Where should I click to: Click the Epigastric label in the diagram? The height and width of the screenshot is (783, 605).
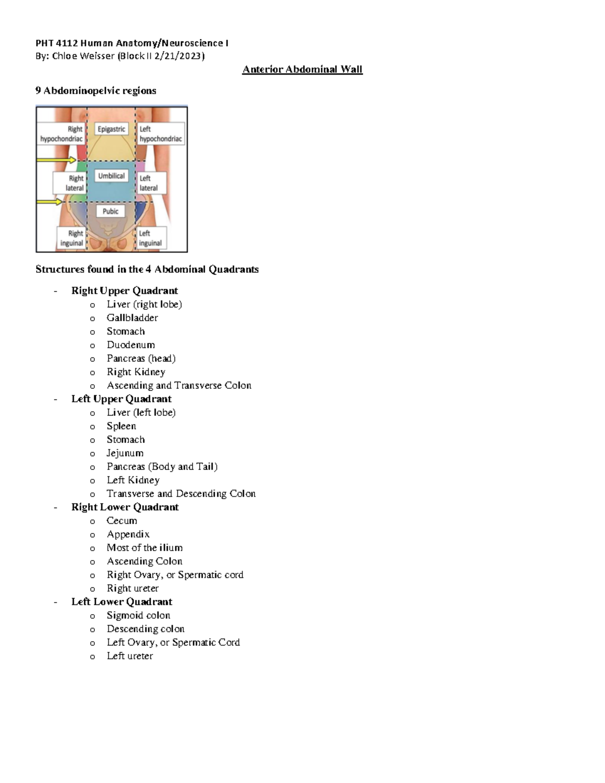111,129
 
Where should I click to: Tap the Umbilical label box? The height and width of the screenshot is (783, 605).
111,176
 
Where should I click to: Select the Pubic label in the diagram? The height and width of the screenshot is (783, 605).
110,211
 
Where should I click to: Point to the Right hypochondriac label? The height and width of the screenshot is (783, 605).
62,134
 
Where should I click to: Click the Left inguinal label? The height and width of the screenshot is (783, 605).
150,238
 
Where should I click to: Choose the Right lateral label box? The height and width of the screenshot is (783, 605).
69,183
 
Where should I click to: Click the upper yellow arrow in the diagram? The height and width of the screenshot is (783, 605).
56,160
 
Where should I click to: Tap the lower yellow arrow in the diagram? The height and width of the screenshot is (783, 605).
49,202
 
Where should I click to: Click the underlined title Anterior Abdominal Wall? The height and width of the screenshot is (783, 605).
302,69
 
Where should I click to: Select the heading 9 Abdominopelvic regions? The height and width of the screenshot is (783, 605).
96,91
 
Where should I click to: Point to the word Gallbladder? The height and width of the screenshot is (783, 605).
132,318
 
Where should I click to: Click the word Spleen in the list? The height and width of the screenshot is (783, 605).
122,426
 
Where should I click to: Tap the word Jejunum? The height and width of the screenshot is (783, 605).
125,453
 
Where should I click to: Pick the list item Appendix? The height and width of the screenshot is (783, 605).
128,534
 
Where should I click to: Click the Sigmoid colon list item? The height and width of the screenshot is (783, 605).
139,615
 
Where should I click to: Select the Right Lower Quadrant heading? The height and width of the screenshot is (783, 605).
125,507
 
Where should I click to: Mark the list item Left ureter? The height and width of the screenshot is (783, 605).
130,656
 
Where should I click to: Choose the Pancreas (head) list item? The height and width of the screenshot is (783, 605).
141,358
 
